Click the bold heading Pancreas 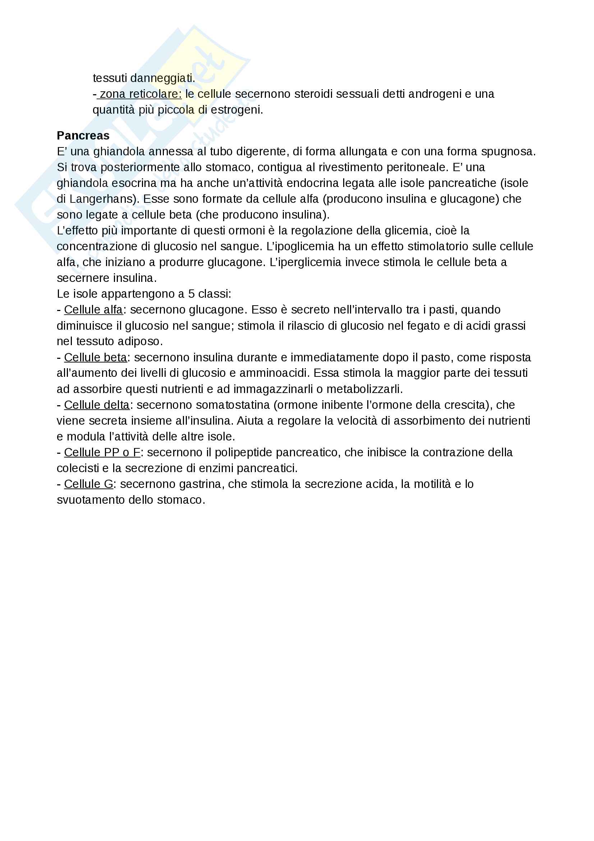(83, 136)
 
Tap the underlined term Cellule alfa (93, 310)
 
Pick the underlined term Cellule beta (96, 357)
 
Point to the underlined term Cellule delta (97, 405)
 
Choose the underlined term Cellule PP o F (102, 452)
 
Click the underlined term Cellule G (88, 484)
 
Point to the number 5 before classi (192, 294)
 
